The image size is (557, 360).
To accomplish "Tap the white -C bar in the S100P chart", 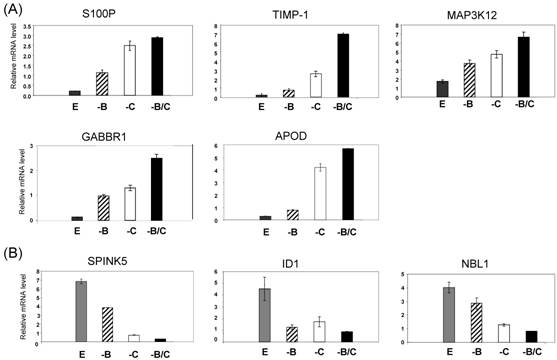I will coord(128,70).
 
